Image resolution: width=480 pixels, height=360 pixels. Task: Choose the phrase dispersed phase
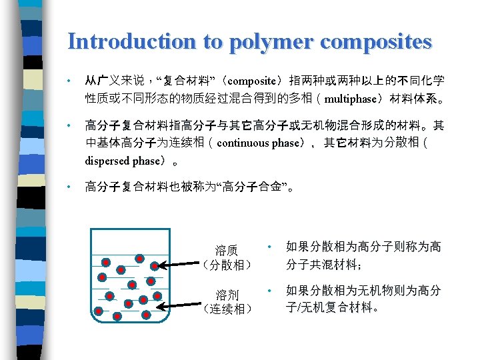pyautogui.click(x=123, y=161)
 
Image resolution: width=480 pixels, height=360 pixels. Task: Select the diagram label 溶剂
pyautogui.click(x=227, y=294)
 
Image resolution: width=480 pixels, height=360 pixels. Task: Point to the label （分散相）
pyautogui.click(x=227, y=265)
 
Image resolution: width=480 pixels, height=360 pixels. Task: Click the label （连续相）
pyautogui.click(x=227, y=309)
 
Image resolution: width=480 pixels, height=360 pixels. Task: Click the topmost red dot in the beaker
pyautogui.click(x=140, y=258)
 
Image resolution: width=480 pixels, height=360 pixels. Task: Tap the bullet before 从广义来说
pyautogui.click(x=69, y=81)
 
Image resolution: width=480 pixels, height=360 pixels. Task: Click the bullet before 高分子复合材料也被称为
pyautogui.click(x=69, y=187)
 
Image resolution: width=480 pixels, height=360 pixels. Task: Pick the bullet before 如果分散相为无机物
pyautogui.click(x=269, y=291)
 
